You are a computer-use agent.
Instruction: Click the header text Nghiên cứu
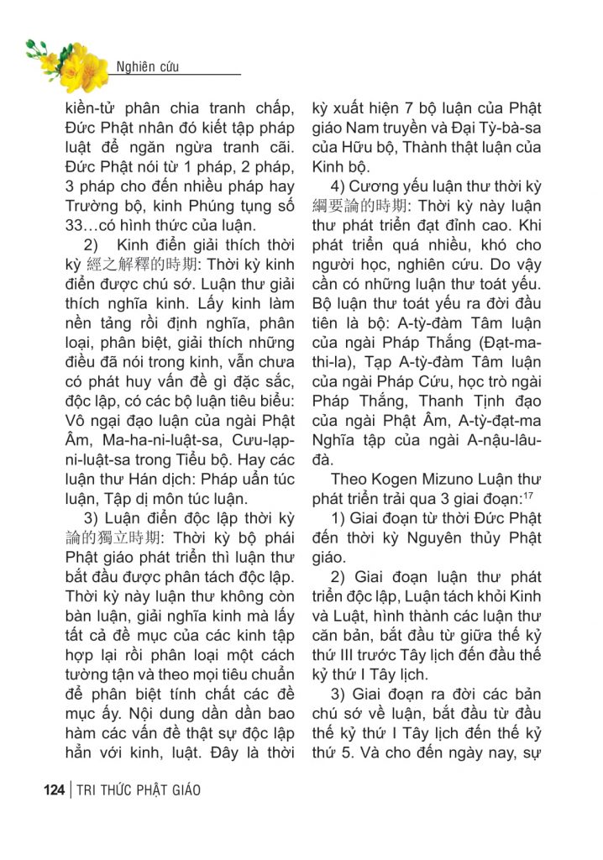147,66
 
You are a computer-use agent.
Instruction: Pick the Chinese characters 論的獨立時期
118,536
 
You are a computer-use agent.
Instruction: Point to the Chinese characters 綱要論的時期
364,205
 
